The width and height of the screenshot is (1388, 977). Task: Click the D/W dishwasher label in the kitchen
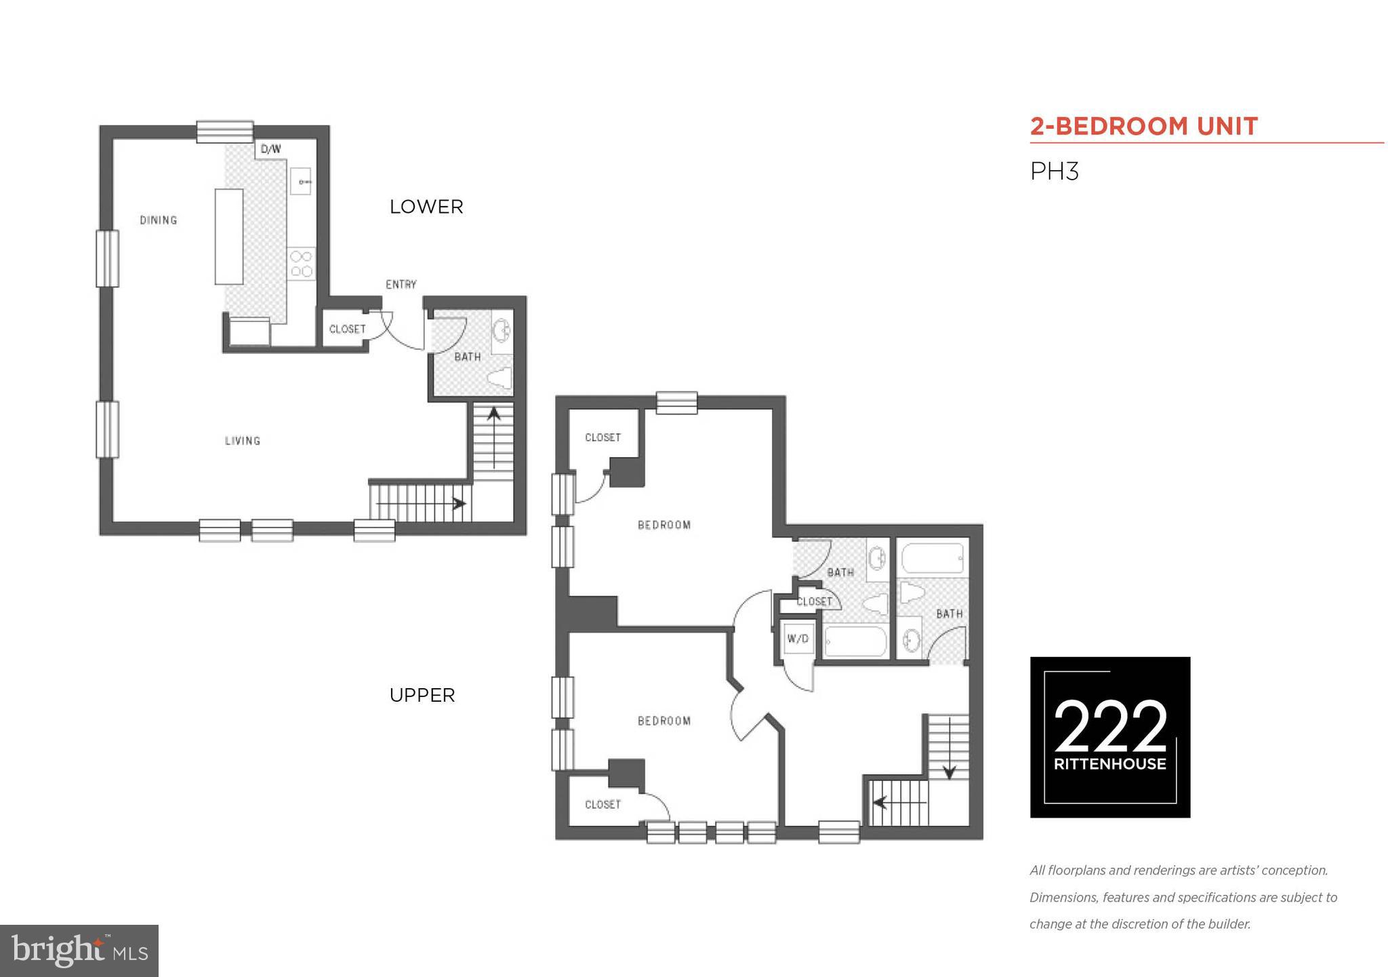270,149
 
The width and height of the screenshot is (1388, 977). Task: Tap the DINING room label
159,220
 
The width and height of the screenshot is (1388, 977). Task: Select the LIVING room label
243,441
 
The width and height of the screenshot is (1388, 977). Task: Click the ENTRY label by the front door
401,284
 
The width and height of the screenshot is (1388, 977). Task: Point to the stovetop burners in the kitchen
301,264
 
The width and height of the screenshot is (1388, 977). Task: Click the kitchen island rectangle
229,237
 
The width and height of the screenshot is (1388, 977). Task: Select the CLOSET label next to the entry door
347,329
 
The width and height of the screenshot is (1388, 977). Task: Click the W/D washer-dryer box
798,639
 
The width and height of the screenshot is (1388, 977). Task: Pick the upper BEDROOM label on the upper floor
664,525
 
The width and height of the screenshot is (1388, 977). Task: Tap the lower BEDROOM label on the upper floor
664,721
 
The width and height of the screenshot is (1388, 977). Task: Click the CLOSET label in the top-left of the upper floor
603,437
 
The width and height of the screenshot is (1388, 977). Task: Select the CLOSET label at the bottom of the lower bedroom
603,804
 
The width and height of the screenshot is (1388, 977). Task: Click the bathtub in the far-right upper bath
933,559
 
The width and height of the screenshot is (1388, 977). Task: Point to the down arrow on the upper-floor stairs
949,771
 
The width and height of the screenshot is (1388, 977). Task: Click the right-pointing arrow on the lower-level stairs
459,504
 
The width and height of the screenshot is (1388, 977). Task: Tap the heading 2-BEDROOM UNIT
1144,126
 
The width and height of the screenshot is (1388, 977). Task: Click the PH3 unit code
1054,172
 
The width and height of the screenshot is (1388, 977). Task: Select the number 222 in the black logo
1110,727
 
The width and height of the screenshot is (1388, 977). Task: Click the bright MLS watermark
79,951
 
